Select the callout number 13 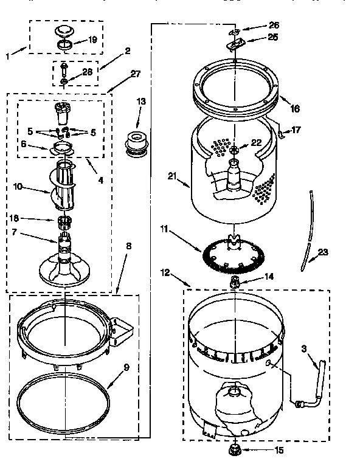coord(141,101)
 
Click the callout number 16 coord(295,109)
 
